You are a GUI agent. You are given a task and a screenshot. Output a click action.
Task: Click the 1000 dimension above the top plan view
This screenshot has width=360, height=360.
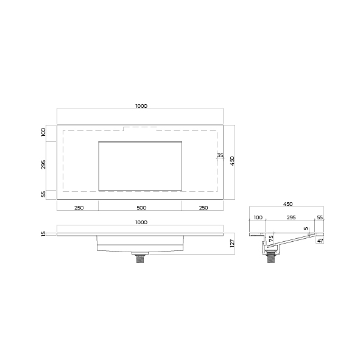[141, 106]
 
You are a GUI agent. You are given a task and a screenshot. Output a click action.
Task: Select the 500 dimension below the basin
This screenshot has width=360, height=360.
[141, 208]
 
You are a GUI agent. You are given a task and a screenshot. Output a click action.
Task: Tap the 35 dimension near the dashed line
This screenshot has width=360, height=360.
[220, 155]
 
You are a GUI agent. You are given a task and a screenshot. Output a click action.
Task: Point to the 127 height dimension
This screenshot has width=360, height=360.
[232, 243]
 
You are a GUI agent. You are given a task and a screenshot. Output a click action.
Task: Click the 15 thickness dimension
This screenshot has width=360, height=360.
[43, 234]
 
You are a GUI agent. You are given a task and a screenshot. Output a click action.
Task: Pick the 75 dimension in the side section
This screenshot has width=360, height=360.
[271, 238]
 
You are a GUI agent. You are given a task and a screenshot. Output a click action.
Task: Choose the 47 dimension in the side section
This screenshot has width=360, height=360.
[320, 241]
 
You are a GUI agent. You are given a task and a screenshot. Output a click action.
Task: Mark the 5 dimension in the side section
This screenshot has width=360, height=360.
[306, 228]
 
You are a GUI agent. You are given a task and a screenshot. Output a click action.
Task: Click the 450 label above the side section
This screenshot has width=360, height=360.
[288, 204]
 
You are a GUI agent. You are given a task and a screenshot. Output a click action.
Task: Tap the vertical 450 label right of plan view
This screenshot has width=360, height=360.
[232, 161]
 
